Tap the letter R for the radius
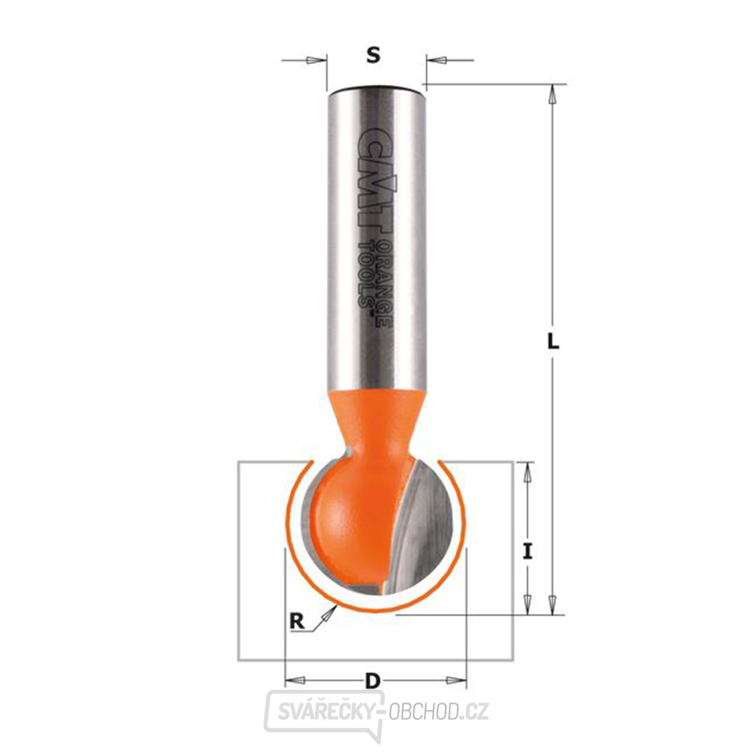(298, 621)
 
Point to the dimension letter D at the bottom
(371, 682)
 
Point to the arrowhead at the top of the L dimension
(553, 95)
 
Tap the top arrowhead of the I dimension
(528, 472)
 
